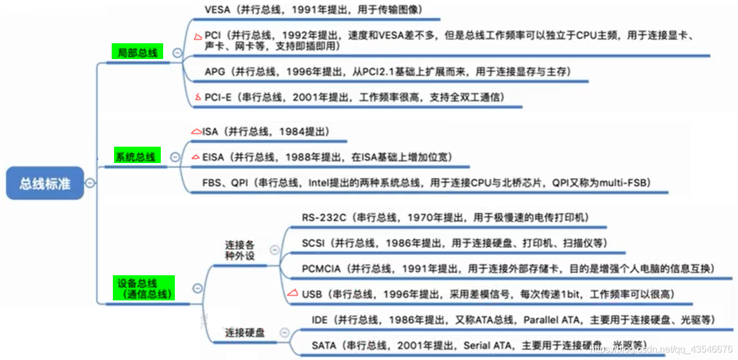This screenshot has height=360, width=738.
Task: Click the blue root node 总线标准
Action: coord(45,184)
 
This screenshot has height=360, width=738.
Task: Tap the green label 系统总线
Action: coord(135,157)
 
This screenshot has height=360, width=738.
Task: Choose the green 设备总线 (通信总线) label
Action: coord(143,288)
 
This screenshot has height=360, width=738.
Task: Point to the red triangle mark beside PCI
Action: coord(198,37)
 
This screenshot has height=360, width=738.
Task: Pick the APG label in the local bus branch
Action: coord(215,72)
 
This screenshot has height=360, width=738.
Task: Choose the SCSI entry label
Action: coord(313,243)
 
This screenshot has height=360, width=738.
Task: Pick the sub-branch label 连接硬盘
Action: coord(244,333)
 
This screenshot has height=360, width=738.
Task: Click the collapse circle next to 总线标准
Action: coord(90,184)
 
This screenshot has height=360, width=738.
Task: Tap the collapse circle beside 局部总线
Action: coord(177,53)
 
